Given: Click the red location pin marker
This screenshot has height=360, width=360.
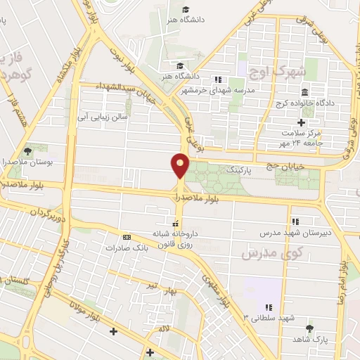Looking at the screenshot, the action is tap(180, 165).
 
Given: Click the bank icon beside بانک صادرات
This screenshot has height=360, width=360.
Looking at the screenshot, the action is tap(126, 237).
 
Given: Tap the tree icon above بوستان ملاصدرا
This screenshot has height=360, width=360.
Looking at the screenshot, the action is tap(27, 150).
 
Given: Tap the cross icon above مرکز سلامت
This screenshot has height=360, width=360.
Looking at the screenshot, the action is tap(300, 122).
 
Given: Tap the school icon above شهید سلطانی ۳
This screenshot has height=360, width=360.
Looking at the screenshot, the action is tap(268, 307).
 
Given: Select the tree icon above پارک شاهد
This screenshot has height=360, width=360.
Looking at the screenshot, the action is tap(310, 328).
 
